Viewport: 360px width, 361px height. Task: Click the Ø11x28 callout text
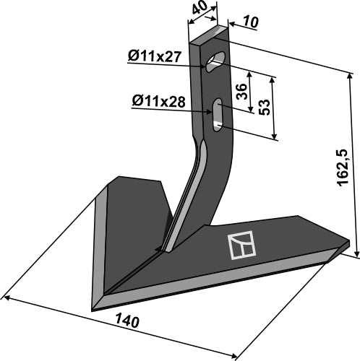[x=158, y=102]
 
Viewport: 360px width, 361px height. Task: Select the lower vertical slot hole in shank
[x=217, y=116]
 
